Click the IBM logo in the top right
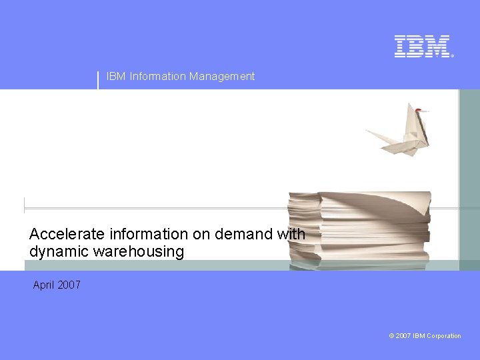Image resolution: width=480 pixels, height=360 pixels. pyautogui.click(x=423, y=46)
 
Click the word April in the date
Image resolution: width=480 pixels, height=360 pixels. pyautogui.click(x=43, y=285)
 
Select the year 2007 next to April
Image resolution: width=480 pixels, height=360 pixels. pyautogui.click(x=69, y=285)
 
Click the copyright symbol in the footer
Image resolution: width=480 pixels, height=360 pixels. pyautogui.click(x=391, y=336)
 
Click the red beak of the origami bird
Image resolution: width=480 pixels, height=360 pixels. pyautogui.click(x=418, y=109)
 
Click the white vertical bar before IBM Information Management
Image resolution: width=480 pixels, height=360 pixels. pyautogui.click(x=98, y=79)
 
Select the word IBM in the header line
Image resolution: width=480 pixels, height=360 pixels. pyautogui.click(x=116, y=77)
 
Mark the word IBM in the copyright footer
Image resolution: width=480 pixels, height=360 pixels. pyautogui.click(x=419, y=336)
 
